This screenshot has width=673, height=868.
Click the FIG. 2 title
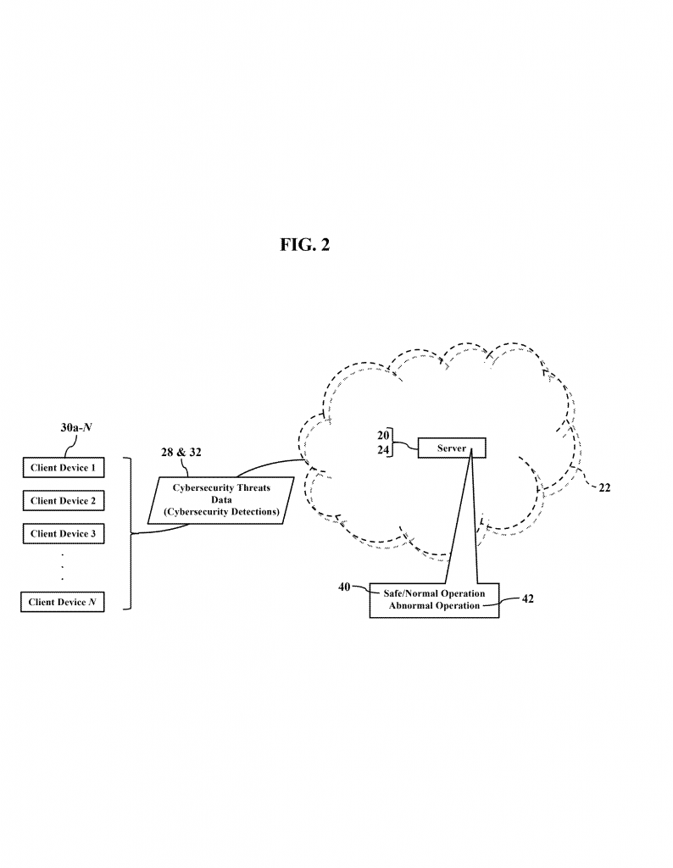[304, 245]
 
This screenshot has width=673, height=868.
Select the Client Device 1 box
[63, 467]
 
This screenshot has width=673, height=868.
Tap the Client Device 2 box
[63, 501]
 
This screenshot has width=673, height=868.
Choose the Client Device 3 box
[63, 534]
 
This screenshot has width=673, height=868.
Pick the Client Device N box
[63, 602]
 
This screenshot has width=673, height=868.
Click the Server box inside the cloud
[452, 448]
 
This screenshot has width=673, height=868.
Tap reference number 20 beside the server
[382, 437]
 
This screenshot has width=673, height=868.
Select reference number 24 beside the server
[382, 451]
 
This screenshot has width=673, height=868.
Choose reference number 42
[527, 598]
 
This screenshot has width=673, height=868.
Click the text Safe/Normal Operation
[434, 593]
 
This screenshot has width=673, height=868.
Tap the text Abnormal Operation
[434, 606]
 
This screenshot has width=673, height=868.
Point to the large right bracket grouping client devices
[130, 534]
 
